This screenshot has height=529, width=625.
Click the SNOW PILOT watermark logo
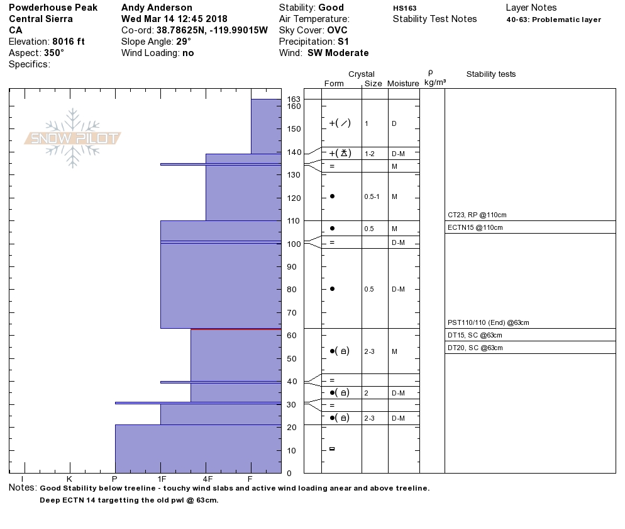[x=72, y=139]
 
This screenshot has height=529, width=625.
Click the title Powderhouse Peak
[x=53, y=8]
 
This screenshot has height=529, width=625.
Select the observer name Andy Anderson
[x=157, y=8]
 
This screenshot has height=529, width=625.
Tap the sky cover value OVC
[x=337, y=30]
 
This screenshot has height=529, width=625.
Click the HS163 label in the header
[x=404, y=8]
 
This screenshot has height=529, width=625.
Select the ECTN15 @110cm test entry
[x=475, y=227]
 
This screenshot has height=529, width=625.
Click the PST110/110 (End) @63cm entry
[x=489, y=322]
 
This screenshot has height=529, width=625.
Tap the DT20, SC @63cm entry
[x=475, y=348]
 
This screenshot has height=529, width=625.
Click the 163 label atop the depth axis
[x=294, y=100]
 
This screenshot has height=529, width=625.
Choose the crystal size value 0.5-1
[x=372, y=196]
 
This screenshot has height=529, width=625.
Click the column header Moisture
[x=403, y=84]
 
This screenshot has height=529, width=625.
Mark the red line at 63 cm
[x=236, y=329]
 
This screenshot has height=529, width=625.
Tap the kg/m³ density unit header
[x=435, y=82]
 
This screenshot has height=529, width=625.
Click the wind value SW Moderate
[x=338, y=53]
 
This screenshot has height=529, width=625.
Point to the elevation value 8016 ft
[x=69, y=42]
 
